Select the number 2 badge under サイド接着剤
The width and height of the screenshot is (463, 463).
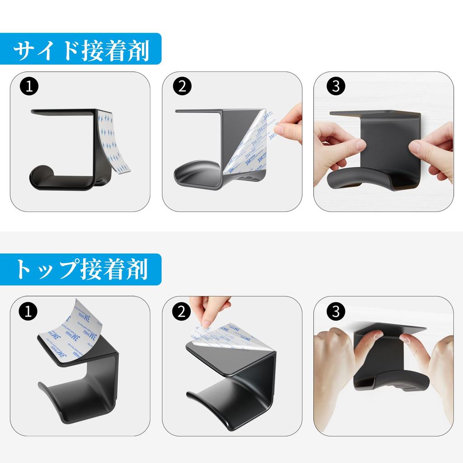(182, 86)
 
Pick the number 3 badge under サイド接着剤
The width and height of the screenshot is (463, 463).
(335, 86)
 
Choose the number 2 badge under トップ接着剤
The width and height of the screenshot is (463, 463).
(182, 311)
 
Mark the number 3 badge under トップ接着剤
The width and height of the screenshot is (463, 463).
(335, 311)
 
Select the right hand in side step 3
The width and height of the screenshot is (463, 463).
(434, 149)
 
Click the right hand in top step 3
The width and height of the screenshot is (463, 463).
(432, 366)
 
